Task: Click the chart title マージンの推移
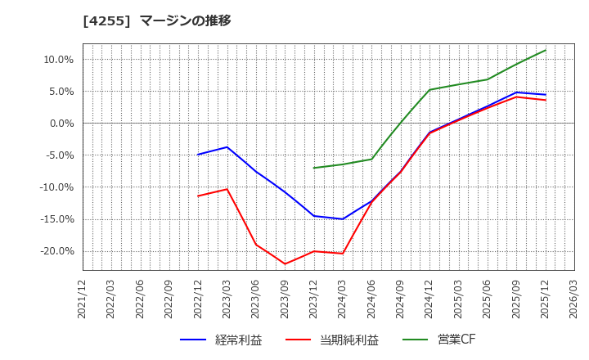point(185,20)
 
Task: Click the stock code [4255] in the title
point(107,20)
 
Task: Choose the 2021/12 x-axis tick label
point(83,298)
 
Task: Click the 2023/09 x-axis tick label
point(285,298)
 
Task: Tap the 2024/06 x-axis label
point(371,298)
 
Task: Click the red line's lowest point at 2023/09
point(285,263)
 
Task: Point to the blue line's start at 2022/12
point(198,155)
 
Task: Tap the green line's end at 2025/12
point(546,50)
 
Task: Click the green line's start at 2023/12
point(314,168)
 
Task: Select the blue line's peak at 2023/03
point(227,147)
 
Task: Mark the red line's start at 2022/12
point(198,196)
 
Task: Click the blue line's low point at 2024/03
point(343,219)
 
